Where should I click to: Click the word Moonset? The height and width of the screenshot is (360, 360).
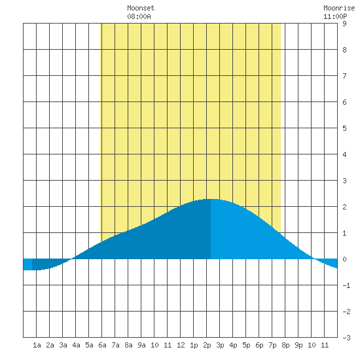coord(141,8)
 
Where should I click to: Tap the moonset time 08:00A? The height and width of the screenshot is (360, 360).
coord(139,16)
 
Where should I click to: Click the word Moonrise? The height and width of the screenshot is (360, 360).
coord(339,8)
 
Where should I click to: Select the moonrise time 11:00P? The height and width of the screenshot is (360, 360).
coord(335,16)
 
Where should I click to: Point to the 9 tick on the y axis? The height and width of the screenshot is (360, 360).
coord(344,24)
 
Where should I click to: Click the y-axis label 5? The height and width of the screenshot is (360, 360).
coord(344,128)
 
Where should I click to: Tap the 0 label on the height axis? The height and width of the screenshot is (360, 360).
coord(344,259)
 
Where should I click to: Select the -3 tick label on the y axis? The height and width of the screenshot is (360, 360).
coord(346,338)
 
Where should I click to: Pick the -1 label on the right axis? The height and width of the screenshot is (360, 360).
coord(346,285)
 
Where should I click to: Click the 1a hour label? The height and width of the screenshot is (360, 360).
coord(37,345)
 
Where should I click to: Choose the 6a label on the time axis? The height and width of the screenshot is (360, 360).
coord(102,345)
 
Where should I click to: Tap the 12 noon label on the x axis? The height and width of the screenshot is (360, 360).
coord(181,345)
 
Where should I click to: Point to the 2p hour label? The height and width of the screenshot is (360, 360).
coord(207,345)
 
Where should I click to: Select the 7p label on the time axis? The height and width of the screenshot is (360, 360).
coord(272,345)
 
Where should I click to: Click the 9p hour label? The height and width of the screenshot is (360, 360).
coord(298,345)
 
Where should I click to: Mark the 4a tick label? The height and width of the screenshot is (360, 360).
coord(76,345)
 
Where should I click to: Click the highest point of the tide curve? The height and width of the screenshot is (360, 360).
coord(211,199)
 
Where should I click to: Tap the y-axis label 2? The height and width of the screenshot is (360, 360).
coord(344,207)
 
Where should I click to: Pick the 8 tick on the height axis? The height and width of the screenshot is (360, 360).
coord(344,50)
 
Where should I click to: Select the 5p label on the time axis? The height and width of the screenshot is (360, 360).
coord(246,345)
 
